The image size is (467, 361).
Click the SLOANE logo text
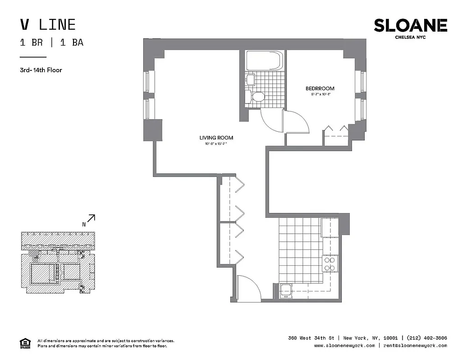(410, 25)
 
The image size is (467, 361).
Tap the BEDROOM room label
(320, 88)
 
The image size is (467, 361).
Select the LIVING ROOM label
(216, 138)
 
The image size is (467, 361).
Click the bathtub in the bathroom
(265, 60)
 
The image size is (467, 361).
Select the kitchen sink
(285, 291)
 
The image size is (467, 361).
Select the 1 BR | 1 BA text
(51, 43)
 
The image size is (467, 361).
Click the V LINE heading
(48, 24)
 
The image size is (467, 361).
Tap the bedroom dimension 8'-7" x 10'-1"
(320, 94)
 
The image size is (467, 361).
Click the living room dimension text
(216, 144)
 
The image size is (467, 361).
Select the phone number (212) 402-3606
(426, 338)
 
